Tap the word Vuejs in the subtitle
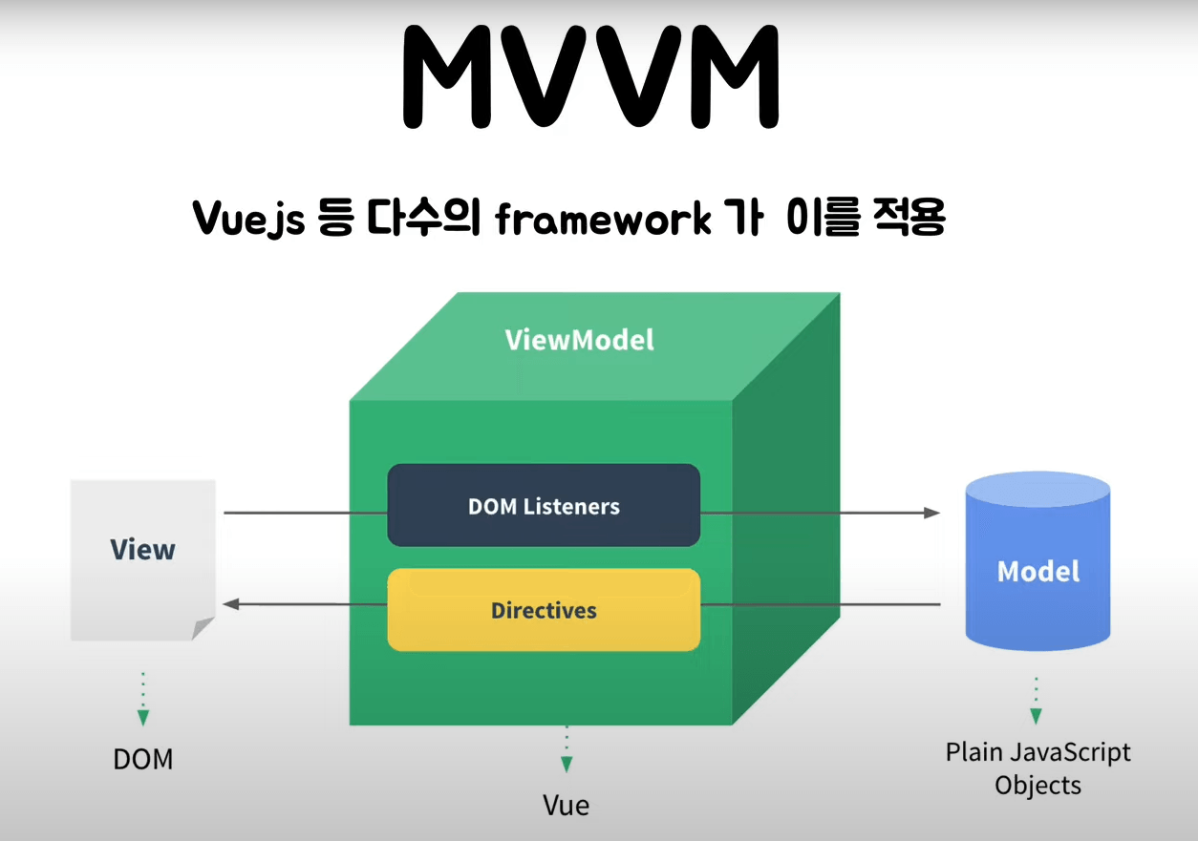247,220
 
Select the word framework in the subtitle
603,220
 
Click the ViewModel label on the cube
579,340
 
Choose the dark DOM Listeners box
543,506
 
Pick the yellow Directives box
543,610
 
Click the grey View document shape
142,558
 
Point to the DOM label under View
143,760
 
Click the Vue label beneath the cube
567,805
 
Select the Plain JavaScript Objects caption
1038,768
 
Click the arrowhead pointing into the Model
931,513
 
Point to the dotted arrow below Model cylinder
1036,702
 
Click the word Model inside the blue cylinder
1038,571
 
